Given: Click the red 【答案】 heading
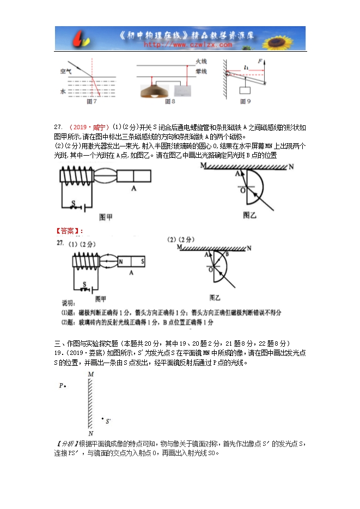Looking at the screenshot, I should [x=68, y=231].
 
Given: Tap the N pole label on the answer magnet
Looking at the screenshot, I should [x=121, y=262].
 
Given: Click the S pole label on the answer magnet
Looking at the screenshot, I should [x=143, y=262].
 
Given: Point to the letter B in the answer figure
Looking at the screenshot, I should [x=227, y=254].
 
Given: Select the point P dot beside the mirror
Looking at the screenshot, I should [x=65, y=387].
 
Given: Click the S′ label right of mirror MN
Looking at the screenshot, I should [x=108, y=421].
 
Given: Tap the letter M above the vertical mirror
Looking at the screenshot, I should [x=90, y=375].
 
